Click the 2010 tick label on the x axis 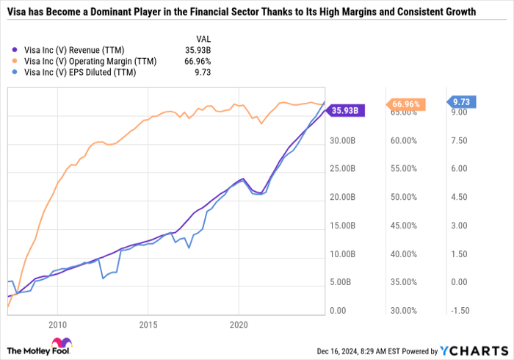click(x=57, y=323)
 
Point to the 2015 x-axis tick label click(x=148, y=323)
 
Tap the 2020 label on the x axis click(x=239, y=323)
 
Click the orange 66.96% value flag click(x=405, y=104)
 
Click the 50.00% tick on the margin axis click(x=404, y=197)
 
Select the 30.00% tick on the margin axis click(x=404, y=311)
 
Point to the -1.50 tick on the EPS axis click(x=460, y=311)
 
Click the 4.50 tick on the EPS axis click(x=460, y=197)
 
